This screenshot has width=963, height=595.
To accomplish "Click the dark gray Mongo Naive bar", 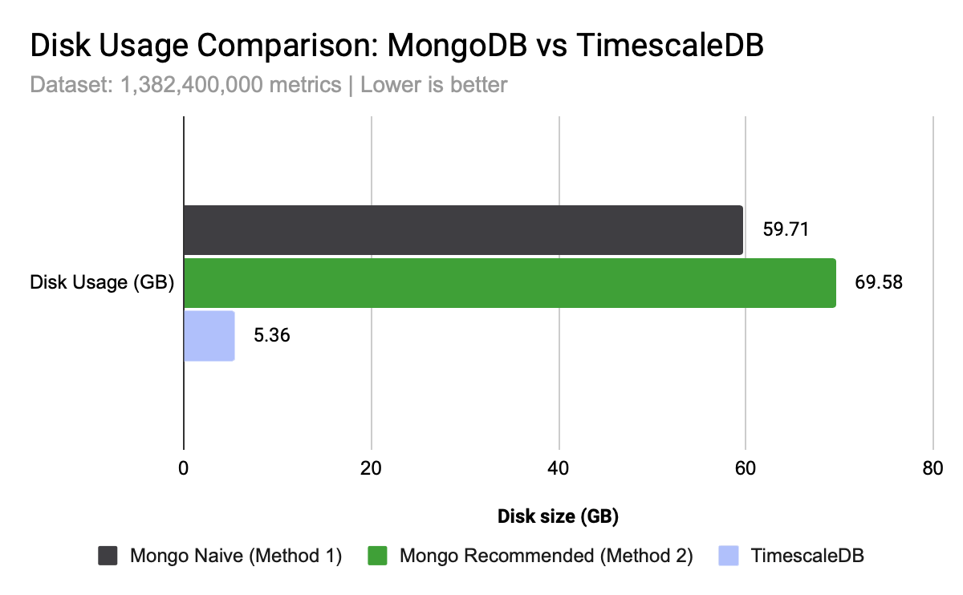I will [463, 230].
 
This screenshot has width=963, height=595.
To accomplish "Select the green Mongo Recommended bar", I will [510, 283].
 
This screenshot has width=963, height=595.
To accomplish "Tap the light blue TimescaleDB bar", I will [209, 336].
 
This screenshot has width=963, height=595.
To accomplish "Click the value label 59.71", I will [785, 230].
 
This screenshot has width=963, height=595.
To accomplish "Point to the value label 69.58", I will [879, 283].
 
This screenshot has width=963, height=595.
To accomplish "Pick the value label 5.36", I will [271, 336].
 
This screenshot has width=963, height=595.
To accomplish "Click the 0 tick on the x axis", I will [184, 470].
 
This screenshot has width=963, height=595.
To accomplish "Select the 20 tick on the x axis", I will [371, 470].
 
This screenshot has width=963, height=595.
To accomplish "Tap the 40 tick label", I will [558, 470].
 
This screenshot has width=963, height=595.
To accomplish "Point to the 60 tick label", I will [746, 470].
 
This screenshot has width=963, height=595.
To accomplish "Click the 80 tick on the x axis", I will [933, 470].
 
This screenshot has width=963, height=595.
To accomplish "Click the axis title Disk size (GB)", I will [558, 516].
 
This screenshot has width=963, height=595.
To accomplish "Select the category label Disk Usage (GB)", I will [102, 283].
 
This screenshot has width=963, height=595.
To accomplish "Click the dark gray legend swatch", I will [108, 556].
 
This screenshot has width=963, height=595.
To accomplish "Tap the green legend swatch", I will [377, 556].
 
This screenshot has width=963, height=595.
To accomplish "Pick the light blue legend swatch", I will [728, 556].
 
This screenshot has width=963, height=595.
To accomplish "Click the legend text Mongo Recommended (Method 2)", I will [546, 556].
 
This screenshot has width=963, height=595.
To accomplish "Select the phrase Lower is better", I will [434, 85].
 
